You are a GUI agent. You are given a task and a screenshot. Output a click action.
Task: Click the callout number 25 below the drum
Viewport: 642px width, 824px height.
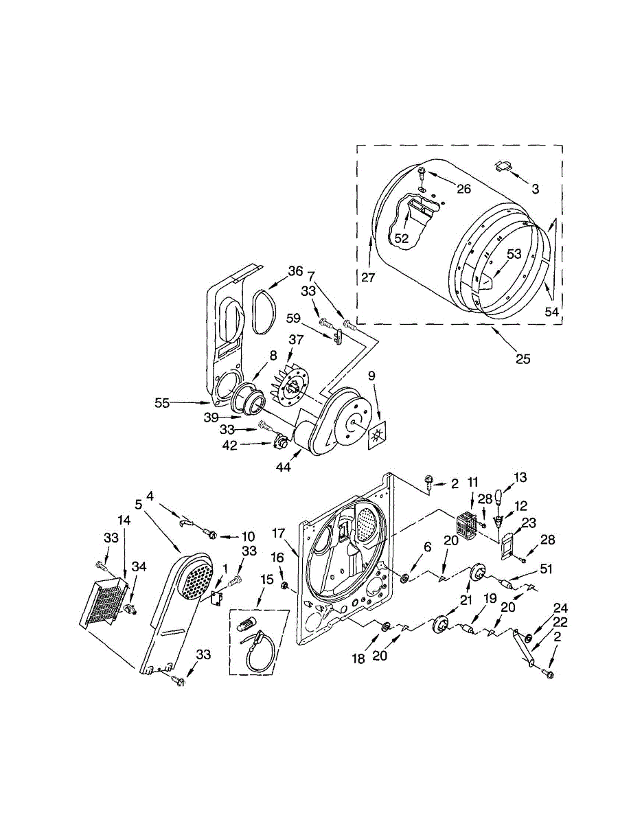pos(523,358)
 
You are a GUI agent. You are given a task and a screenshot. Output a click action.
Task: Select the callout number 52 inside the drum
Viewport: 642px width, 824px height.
pos(401,238)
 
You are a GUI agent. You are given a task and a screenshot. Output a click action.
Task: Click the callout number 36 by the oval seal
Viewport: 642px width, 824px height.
pos(295,271)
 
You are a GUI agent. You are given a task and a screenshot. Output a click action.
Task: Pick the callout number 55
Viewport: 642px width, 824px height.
pos(162,404)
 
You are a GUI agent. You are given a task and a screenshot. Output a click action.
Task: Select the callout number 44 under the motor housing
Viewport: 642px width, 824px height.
pos(283,467)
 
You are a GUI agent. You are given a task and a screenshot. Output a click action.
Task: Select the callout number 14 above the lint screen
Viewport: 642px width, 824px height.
pos(124,520)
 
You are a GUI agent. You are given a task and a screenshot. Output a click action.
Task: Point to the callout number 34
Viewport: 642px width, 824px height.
pos(139,566)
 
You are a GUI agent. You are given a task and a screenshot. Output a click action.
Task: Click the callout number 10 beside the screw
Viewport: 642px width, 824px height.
pos(247,536)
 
